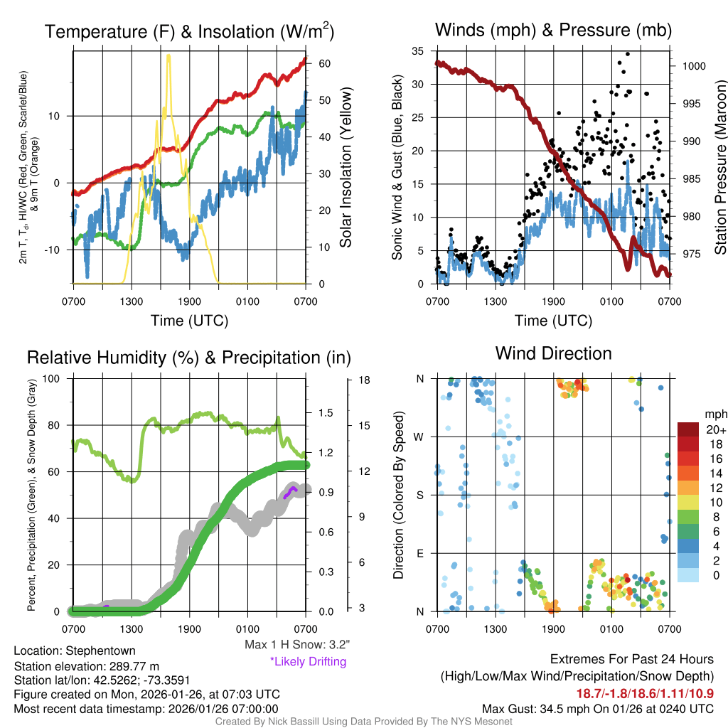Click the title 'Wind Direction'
coord(553,353)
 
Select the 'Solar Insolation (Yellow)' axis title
coord(346,167)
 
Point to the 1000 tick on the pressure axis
coord(693,65)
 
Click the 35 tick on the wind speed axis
coord(419,51)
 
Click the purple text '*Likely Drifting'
coord(308,662)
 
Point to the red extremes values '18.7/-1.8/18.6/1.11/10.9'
coord(646,693)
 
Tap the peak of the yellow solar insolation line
coord(168,56)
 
